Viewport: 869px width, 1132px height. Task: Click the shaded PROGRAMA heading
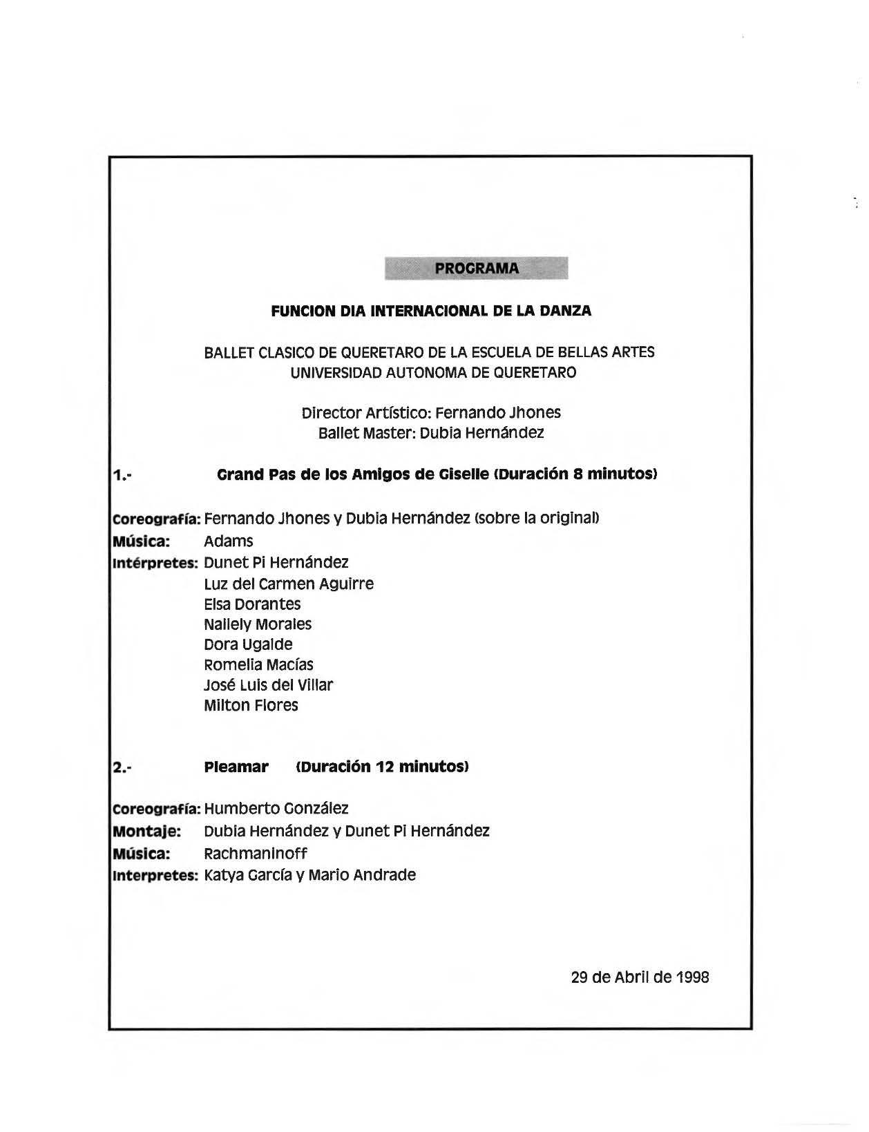point(476,268)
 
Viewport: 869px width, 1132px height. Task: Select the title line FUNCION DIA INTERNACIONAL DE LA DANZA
point(431,311)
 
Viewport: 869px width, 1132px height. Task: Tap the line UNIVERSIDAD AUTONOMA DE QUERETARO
point(433,373)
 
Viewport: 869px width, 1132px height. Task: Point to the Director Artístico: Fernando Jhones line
point(431,413)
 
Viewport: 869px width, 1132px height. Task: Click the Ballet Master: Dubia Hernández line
point(431,433)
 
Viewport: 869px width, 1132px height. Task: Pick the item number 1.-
point(122,475)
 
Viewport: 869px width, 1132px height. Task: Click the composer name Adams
point(229,541)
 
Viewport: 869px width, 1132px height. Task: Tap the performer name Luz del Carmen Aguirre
point(289,584)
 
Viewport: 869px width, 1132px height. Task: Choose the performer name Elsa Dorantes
point(252,604)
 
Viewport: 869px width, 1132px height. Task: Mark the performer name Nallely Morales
point(258,624)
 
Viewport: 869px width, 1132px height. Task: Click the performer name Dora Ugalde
point(248,644)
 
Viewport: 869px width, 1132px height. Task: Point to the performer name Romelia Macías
point(258,665)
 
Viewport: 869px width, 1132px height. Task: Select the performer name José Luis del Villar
point(268,685)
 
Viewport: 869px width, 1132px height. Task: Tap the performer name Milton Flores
point(251,705)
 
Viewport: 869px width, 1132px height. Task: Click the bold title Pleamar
point(236,767)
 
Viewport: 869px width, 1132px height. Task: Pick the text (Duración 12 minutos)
point(383,767)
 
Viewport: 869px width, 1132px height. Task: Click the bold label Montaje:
point(146,831)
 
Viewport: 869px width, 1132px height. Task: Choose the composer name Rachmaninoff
point(256,853)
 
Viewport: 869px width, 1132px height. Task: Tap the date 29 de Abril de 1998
point(640,977)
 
